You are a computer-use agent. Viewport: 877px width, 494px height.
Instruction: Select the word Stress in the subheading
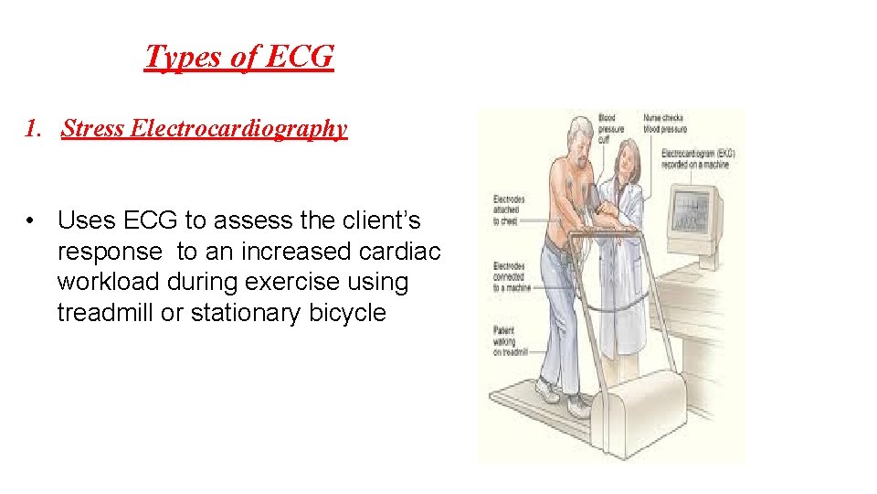[94, 128]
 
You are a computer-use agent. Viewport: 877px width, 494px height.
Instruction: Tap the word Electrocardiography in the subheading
[238, 128]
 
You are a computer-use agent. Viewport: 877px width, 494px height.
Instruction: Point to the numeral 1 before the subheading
[32, 128]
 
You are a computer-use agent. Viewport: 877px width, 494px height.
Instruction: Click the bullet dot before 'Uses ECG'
[31, 220]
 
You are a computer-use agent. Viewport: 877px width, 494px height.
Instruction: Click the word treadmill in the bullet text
[106, 314]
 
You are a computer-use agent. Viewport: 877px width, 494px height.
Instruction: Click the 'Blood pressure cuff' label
[610, 129]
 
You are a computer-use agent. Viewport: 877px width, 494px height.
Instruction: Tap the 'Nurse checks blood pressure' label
[663, 123]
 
